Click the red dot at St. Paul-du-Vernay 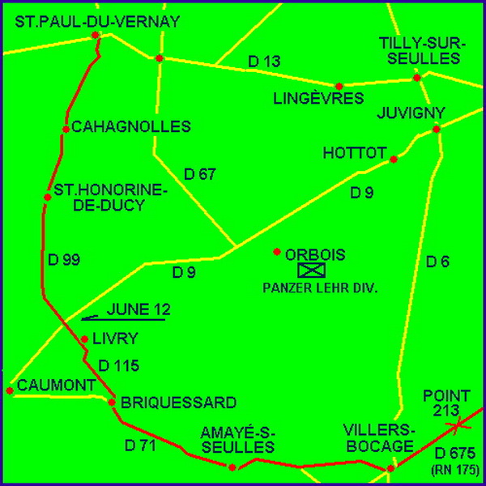96,35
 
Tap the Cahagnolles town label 130,126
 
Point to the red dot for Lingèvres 339,86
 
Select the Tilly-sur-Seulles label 419,50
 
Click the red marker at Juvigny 437,129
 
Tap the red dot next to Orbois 277,251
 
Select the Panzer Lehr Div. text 311,288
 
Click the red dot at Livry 84,339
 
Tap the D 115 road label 118,366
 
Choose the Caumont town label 56,385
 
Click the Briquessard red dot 112,402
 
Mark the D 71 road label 141,445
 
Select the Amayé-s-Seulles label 237,440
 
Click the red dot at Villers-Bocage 390,468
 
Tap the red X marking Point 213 458,424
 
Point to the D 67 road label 200,173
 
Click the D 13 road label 263,62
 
